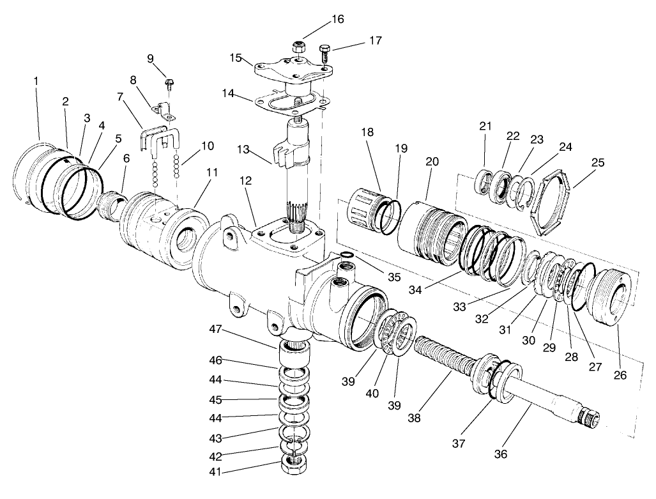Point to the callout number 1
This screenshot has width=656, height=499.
(x=36, y=81)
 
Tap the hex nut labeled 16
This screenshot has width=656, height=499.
(x=298, y=46)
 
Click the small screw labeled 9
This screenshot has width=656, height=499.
(x=169, y=82)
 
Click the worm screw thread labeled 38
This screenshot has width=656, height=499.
(x=441, y=358)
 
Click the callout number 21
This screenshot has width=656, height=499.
(x=485, y=126)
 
